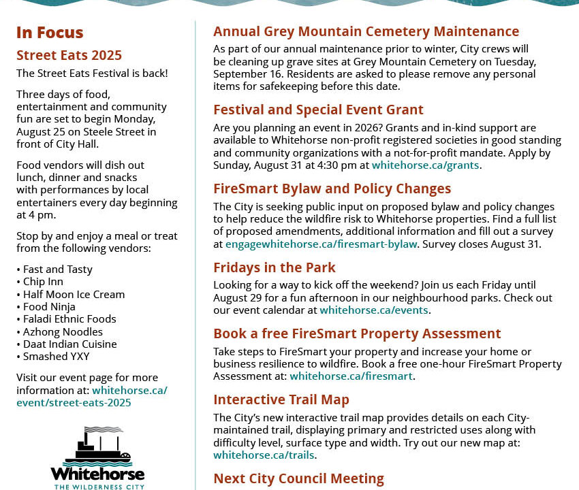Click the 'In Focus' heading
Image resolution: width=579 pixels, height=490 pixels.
click(x=50, y=33)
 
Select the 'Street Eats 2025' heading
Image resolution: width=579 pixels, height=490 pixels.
click(x=69, y=55)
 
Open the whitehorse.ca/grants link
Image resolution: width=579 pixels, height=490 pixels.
click(x=426, y=165)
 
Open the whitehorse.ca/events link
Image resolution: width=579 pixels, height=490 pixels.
click(x=374, y=310)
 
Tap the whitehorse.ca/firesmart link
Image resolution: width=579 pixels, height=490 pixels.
click(x=351, y=376)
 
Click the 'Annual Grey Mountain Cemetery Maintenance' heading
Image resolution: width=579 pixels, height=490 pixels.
click(x=366, y=31)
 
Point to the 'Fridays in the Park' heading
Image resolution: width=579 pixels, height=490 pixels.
click(x=274, y=267)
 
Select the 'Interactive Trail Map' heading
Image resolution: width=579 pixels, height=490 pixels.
click(x=281, y=399)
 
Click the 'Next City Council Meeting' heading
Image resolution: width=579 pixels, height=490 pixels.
click(x=298, y=478)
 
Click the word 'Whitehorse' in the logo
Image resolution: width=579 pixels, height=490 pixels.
click(x=97, y=474)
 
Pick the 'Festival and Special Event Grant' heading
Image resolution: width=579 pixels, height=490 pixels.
click(x=318, y=110)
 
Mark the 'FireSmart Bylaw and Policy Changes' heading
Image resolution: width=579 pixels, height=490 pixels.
click(x=332, y=189)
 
